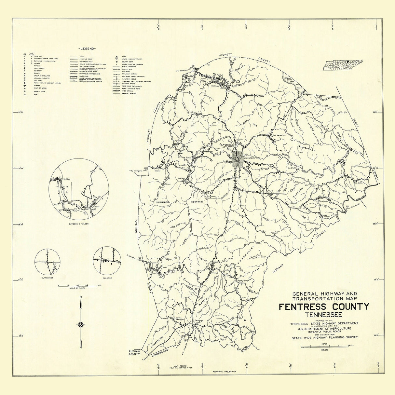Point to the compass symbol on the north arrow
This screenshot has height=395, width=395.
pyautogui.click(x=81, y=324)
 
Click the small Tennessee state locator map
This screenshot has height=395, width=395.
pyautogui.click(x=343, y=65)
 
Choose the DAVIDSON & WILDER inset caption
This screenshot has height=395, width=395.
pyautogui.click(x=78, y=224)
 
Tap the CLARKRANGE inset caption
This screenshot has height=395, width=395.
pyautogui.click(x=48, y=278)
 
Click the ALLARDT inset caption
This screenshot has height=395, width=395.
pyautogui.click(x=107, y=278)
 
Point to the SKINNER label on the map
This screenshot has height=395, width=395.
pyautogui.click(x=162, y=202)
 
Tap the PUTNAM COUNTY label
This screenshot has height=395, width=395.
pyautogui.click(x=134, y=352)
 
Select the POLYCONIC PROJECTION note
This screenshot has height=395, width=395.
pyautogui.click(x=224, y=372)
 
